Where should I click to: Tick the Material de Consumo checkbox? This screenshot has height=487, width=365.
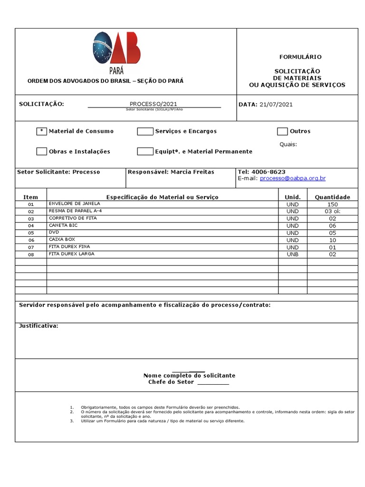pos(41,131)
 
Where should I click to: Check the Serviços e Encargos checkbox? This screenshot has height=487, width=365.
pos(145,131)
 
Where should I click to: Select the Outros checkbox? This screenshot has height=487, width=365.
pos(282,131)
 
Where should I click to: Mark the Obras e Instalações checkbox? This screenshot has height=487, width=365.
pos(41,152)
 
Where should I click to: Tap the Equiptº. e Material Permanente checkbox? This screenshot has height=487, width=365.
pos(145,152)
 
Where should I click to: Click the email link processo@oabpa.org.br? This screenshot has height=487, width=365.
pos(293,178)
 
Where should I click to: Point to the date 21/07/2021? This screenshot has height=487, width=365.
pos(276,105)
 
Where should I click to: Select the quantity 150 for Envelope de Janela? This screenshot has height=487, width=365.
pos(332,204)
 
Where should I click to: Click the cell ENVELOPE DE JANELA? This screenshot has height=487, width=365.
pos(74,204)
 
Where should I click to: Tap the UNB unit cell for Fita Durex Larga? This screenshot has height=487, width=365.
pos(292,254)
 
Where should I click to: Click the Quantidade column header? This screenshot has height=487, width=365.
pos(332,197)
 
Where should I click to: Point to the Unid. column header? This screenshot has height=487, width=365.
pos(292,197)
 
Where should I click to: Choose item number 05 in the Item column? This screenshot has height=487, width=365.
pos(31,233)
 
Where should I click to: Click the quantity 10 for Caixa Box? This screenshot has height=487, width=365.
pos(332,240)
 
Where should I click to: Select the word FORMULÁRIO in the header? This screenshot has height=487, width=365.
pos(300,57)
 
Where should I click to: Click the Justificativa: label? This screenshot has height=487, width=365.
pos(38,326)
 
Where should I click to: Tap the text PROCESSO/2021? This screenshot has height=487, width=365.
pos(154,104)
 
